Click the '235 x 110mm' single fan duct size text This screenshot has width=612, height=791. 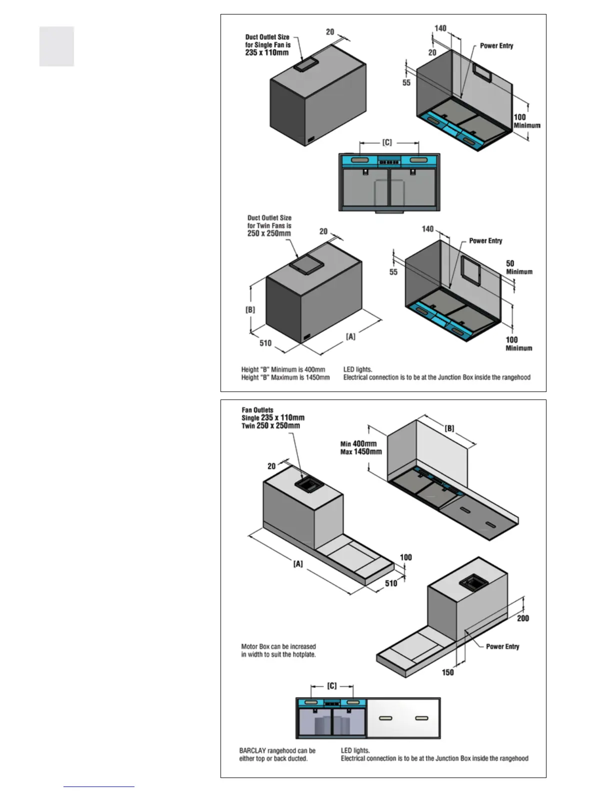(266, 52)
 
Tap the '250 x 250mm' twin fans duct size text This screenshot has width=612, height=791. (268, 233)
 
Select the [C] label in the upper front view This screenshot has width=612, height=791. (387, 143)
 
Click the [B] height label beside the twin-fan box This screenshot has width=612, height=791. (250, 310)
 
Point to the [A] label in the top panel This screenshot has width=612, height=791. (351, 337)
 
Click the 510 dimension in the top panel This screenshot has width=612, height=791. (265, 343)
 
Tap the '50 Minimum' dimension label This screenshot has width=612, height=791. (518, 267)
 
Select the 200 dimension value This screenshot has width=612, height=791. (522, 618)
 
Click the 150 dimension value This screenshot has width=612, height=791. (447, 672)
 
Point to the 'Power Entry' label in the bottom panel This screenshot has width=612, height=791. (502, 646)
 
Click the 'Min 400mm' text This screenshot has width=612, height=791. (358, 443)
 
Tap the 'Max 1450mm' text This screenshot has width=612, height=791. (361, 451)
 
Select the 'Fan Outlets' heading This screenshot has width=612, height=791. (257, 410)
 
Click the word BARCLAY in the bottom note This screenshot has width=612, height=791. (252, 751)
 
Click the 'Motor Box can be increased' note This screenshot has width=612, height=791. (278, 646)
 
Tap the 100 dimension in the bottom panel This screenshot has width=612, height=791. (406, 557)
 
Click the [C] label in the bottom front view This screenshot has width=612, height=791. (332, 686)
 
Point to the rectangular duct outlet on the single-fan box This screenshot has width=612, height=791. (304, 64)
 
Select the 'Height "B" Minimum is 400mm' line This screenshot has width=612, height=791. (283, 370)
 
